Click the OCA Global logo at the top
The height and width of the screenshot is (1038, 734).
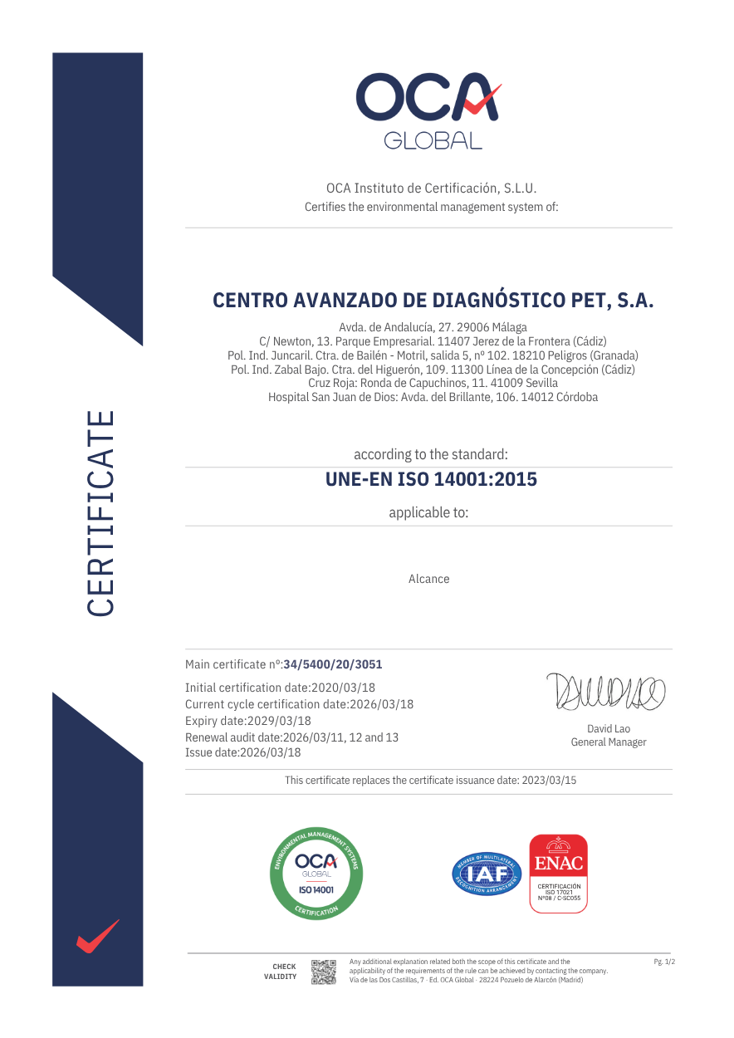point(428,110)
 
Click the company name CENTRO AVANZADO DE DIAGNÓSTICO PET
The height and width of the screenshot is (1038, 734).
point(433,301)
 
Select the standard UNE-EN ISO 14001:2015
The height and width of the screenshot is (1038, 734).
point(431,480)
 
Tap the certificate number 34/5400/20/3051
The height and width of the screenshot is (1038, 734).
point(333,664)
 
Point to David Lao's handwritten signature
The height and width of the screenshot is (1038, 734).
point(606,692)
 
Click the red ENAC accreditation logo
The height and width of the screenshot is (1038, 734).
point(558,874)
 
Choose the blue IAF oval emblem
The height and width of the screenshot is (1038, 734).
point(487,874)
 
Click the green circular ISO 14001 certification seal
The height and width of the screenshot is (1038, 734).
point(317,874)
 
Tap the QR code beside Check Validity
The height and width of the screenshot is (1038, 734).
point(323,972)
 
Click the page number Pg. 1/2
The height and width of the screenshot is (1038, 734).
point(664,962)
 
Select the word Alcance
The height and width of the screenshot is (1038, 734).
point(428,579)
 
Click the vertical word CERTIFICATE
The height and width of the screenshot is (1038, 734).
point(100,513)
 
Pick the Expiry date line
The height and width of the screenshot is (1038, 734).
point(248,721)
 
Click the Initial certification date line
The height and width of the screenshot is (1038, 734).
point(280,688)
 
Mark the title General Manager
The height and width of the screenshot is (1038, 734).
point(608,742)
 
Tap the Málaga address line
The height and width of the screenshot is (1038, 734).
point(433,327)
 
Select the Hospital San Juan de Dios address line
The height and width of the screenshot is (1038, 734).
point(433,397)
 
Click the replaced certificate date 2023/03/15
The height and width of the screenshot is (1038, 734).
point(548,781)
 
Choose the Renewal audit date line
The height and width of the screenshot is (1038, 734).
point(291,737)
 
